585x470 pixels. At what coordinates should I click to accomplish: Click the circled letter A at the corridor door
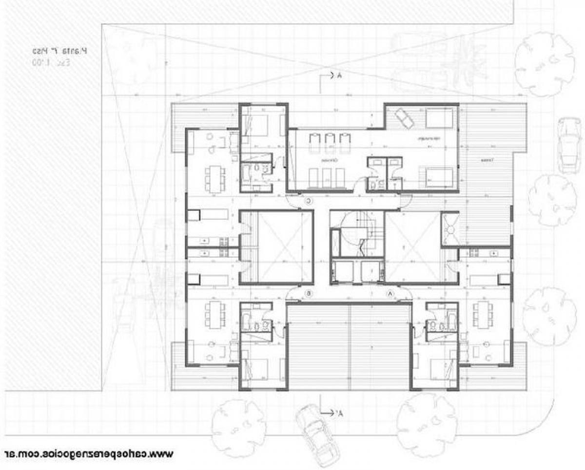390,293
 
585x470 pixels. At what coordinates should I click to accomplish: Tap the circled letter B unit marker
309,293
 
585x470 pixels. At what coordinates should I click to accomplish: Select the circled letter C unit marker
309,201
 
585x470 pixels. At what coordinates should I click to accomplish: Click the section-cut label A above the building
336,76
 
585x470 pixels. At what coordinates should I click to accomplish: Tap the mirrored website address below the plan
88,453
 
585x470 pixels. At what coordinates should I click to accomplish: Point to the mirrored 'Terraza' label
486,160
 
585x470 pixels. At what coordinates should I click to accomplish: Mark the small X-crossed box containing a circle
450,228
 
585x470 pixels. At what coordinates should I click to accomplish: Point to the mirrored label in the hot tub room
429,139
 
